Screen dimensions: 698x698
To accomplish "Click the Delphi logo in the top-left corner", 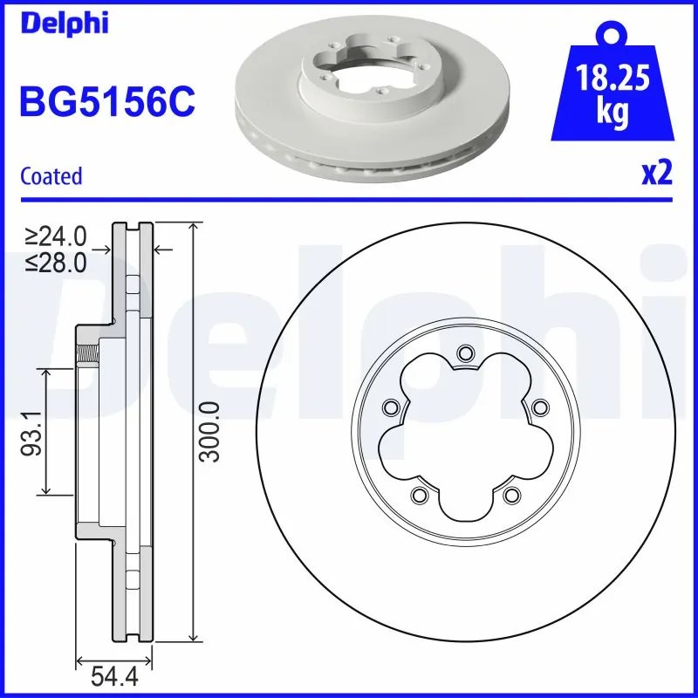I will (63, 23).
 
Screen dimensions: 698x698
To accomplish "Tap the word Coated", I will (51, 175).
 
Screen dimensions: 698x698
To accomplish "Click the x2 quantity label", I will (656, 174).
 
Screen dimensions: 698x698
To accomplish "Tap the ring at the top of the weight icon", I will (611, 34).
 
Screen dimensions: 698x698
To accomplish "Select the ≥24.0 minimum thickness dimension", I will (56, 236).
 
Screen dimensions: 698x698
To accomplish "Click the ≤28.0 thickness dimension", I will (56, 263).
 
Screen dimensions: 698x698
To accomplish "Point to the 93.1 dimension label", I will (32, 434).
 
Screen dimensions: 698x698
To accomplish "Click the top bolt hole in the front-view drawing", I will (463, 352).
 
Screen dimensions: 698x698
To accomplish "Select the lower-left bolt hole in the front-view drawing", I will (418, 495).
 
